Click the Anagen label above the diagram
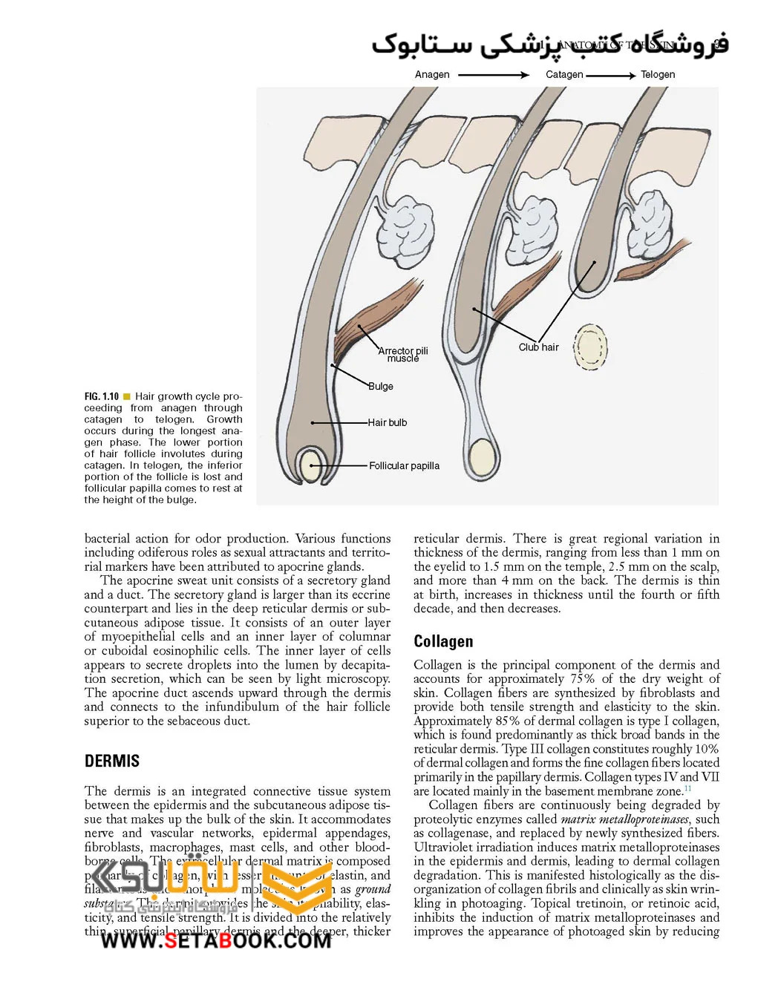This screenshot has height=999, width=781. click(432, 74)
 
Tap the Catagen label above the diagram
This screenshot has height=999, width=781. click(564, 74)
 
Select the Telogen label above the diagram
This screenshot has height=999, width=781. click(658, 74)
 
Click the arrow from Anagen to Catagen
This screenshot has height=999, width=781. click(494, 75)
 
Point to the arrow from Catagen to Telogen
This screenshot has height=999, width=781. click(611, 75)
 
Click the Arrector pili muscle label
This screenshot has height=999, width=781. click(403, 354)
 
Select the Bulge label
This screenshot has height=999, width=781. click(381, 386)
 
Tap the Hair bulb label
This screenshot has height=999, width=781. click(388, 422)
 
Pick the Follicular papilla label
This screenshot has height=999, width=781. click(404, 465)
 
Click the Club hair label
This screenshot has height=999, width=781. click(538, 347)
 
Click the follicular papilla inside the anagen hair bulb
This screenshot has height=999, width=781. click(310, 466)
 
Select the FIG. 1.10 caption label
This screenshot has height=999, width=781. click(102, 396)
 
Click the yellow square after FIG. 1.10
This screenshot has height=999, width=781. click(127, 396)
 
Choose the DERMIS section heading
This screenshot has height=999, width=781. click(112, 761)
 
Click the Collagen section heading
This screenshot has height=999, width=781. click(443, 641)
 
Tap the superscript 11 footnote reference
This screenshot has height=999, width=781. click(687, 788)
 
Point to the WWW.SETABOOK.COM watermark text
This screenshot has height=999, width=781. click(215, 941)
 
